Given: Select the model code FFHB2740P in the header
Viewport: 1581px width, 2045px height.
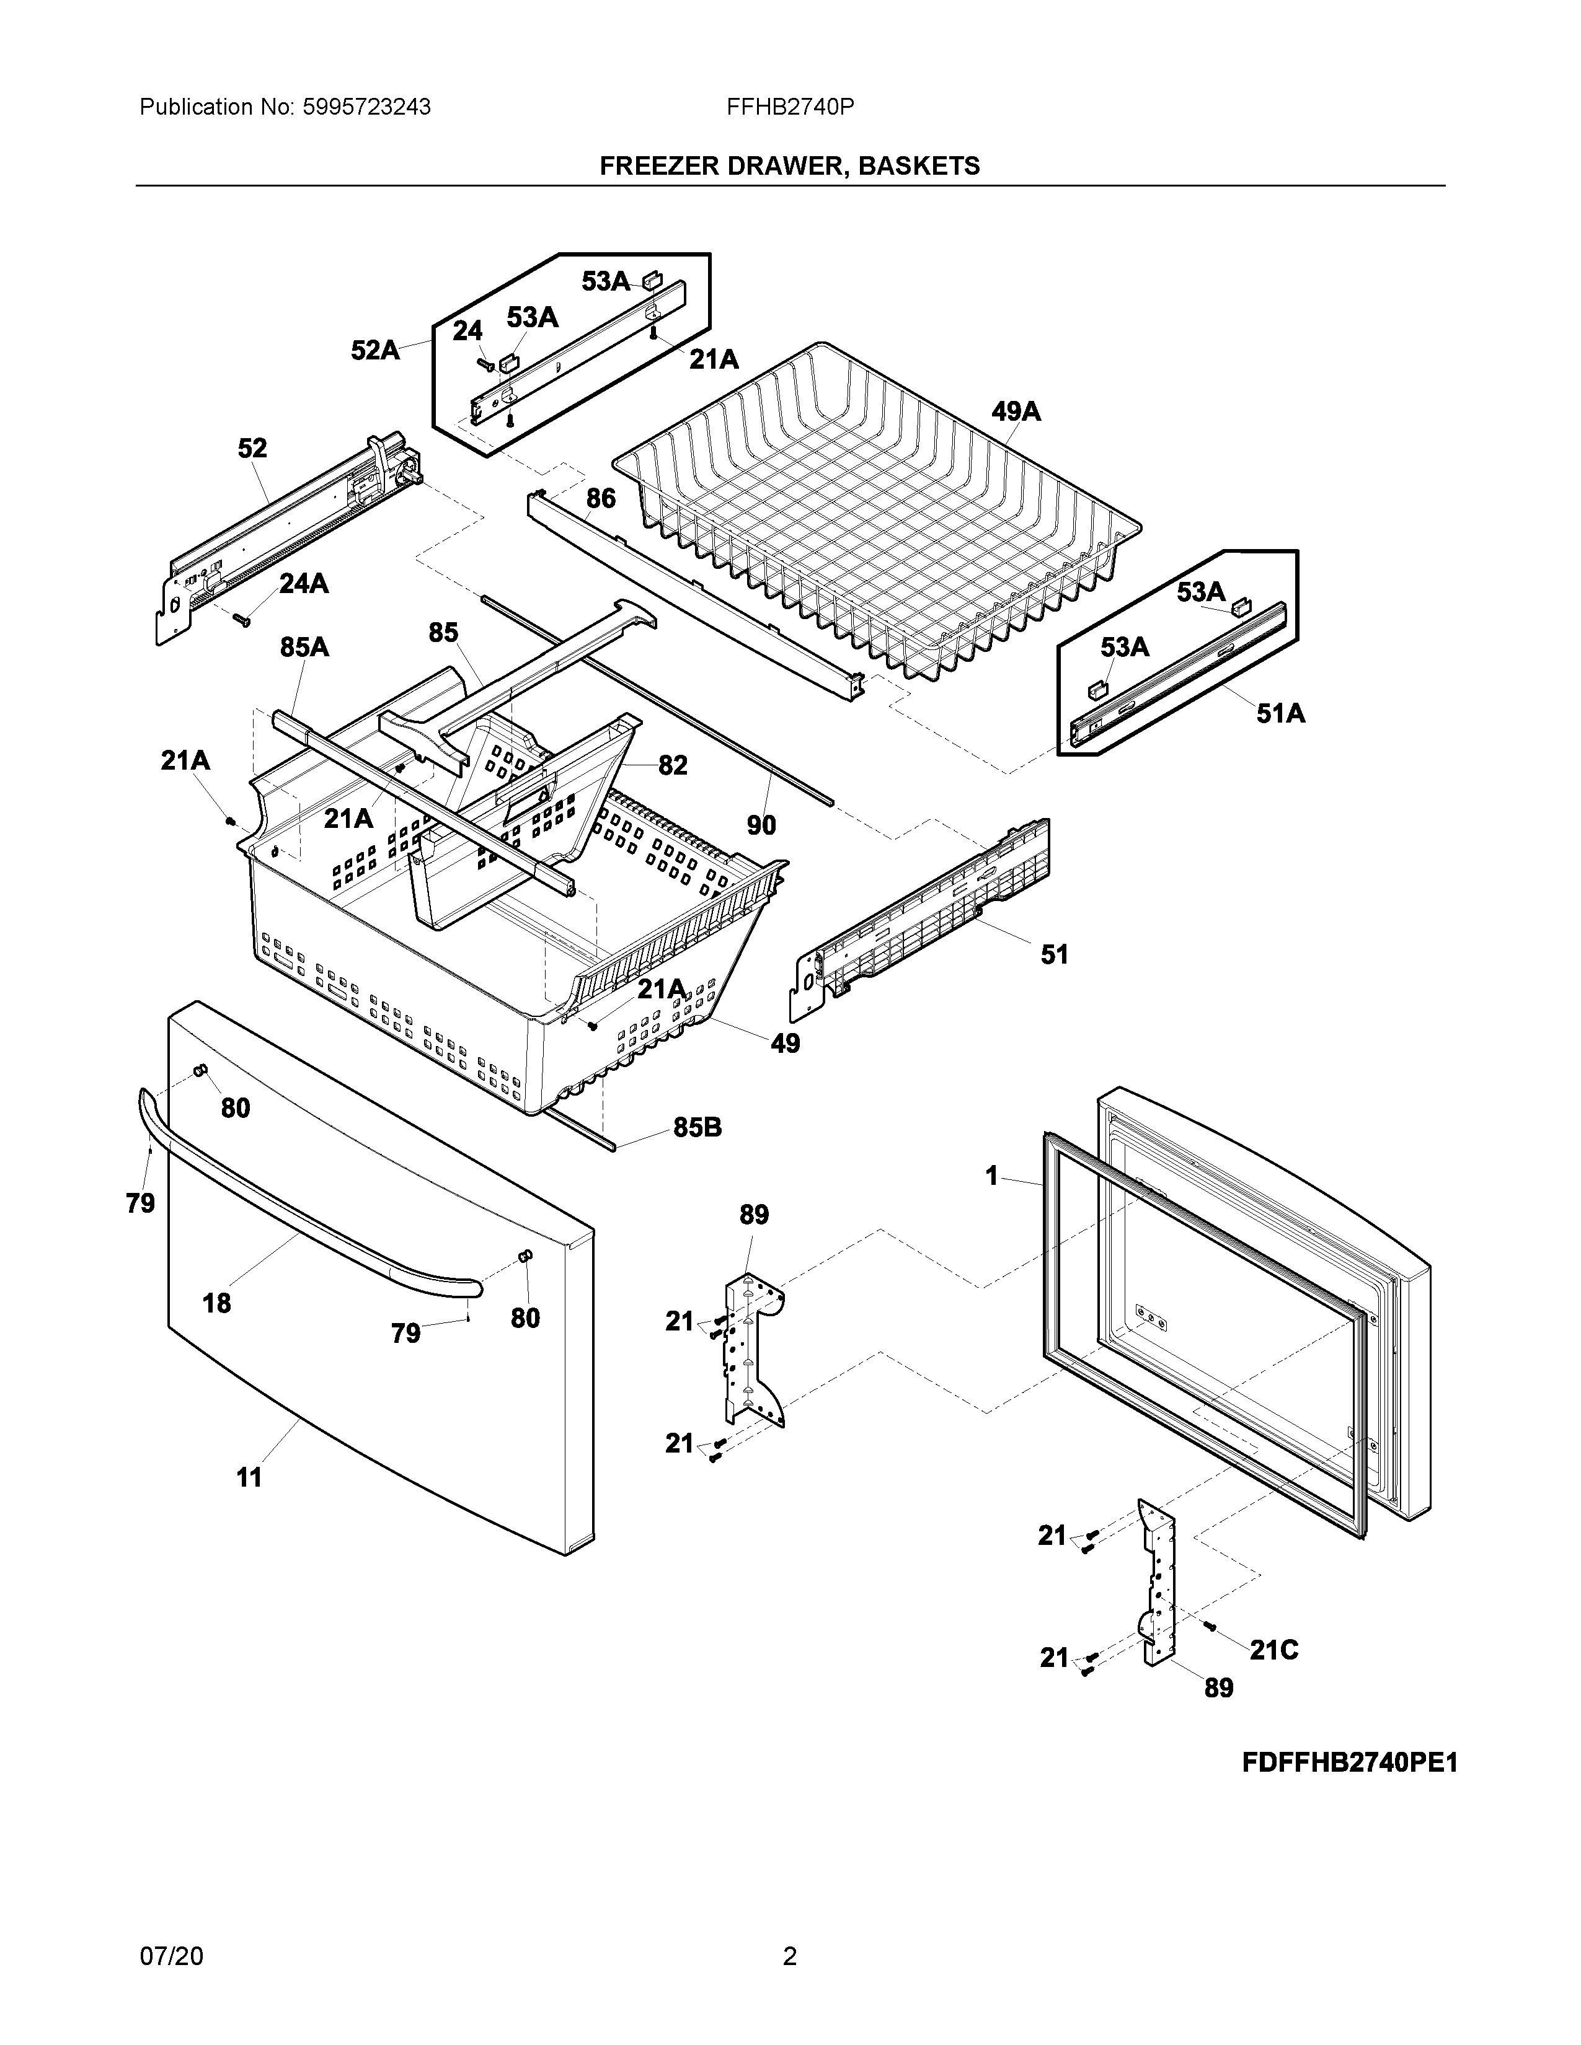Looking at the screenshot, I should pos(789,108).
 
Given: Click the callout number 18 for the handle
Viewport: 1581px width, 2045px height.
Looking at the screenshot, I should pos(216,1303).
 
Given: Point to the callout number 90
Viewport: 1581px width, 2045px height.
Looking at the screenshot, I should pos(761,825).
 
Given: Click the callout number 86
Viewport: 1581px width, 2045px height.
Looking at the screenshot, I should pos(601,498).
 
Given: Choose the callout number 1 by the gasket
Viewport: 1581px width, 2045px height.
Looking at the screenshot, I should pos(993,1176).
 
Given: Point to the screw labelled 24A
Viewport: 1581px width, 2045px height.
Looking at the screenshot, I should pos(242,618).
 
